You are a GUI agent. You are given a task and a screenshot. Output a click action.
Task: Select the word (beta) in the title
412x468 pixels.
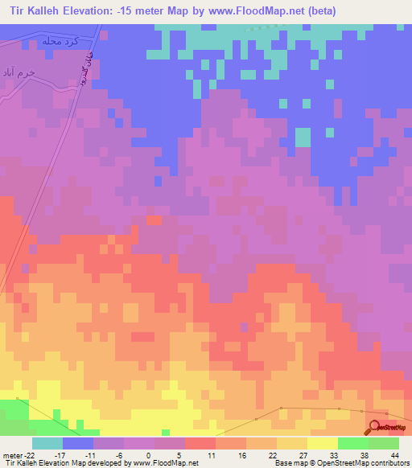(316, 11)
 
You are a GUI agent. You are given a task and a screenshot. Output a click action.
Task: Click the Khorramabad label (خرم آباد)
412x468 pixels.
(19, 72)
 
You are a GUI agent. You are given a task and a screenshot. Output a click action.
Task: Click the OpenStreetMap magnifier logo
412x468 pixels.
(374, 427)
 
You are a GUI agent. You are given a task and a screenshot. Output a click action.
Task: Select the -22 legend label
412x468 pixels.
(28, 454)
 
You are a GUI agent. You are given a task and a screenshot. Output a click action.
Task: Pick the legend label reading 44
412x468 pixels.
(394, 454)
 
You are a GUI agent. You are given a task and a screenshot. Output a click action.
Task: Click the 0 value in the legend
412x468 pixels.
(149, 454)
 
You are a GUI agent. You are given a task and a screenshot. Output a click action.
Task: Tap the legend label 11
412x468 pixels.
(210, 454)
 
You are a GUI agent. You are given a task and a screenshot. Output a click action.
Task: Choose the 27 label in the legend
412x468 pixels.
(303, 454)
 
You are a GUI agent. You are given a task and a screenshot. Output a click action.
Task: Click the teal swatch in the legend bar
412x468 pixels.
(47, 442)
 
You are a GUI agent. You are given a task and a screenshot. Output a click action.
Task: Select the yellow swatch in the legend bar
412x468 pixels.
(323, 442)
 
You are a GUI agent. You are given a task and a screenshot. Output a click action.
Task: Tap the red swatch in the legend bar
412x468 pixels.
(200, 442)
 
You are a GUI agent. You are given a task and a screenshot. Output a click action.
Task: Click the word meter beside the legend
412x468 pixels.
(11, 454)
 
